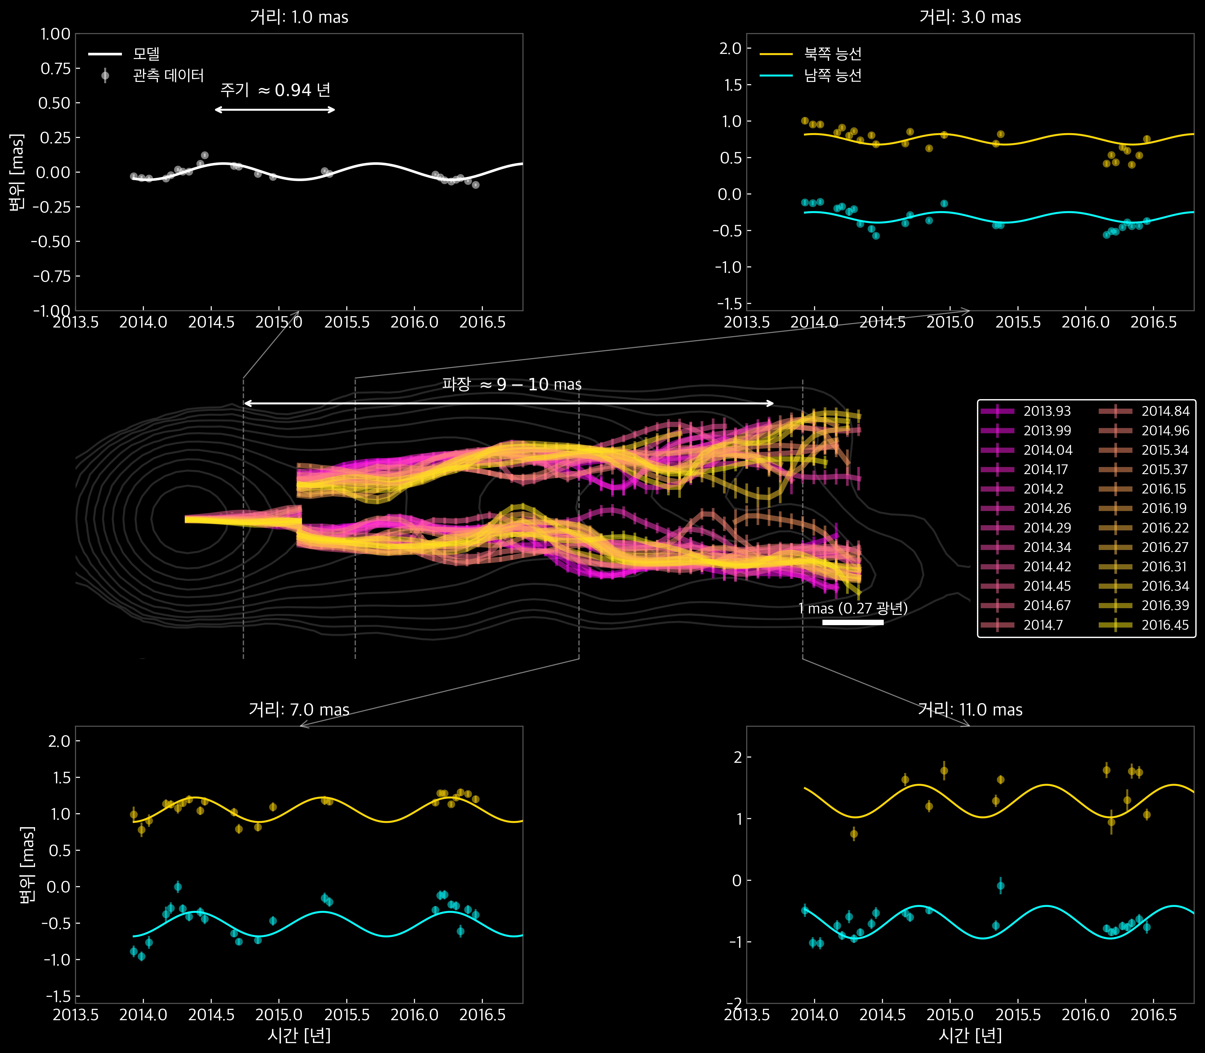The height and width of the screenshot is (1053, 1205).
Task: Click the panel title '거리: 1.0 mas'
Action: click(x=299, y=17)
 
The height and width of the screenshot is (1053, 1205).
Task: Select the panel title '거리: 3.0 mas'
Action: click(x=970, y=17)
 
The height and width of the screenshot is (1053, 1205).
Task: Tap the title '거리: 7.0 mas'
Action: click(x=299, y=710)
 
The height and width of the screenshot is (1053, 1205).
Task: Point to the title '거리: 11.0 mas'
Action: click(x=970, y=710)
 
